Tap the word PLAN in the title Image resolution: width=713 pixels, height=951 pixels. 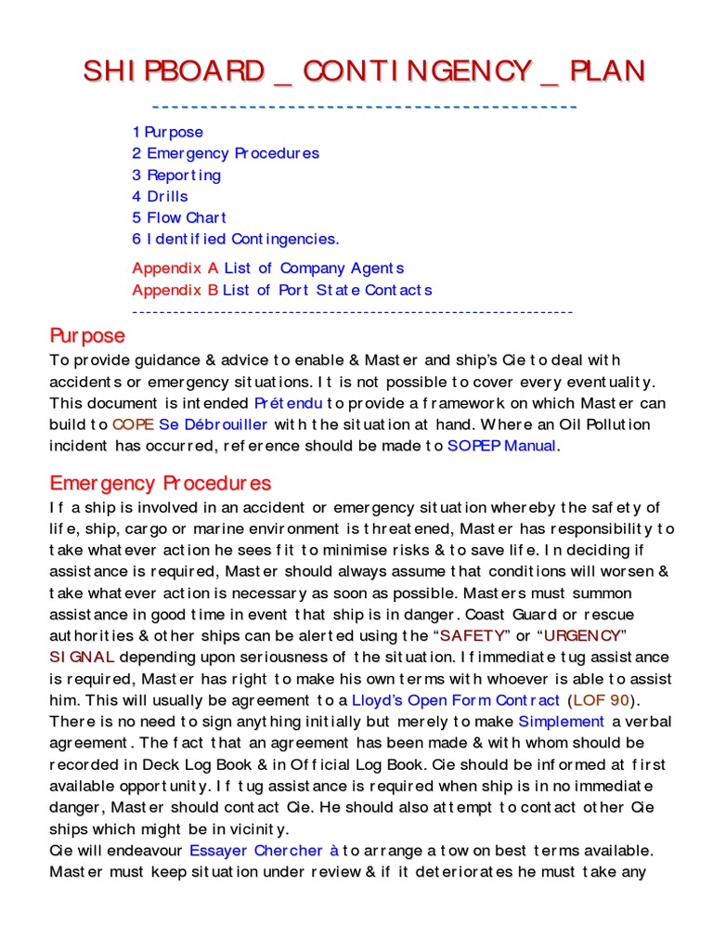pyautogui.click(x=594, y=71)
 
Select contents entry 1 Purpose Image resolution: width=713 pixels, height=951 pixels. pyautogui.click(x=167, y=132)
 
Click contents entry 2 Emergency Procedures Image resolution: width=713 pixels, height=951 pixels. pyautogui.click(x=226, y=153)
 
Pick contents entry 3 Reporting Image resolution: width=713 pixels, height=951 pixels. pyautogui.click(x=176, y=175)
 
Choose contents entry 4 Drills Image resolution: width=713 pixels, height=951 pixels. pyautogui.click(x=160, y=196)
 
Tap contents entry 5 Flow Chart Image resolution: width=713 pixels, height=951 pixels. pyautogui.click(x=179, y=217)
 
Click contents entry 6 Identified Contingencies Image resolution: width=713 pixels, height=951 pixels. pyautogui.click(x=236, y=239)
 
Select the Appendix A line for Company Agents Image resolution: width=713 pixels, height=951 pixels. pyautogui.click(x=267, y=268)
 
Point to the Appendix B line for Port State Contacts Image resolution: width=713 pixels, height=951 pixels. pyautogui.click(x=281, y=290)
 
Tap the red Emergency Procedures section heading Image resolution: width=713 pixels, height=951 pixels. pyautogui.click(x=160, y=483)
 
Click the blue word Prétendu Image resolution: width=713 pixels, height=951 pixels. pyautogui.click(x=288, y=404)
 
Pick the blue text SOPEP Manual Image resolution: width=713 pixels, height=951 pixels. pyautogui.click(x=502, y=446)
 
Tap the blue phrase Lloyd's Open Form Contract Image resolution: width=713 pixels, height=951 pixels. pyautogui.click(x=456, y=700)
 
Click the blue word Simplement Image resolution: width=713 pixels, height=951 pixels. pyautogui.click(x=561, y=722)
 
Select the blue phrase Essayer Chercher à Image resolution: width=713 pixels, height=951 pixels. pyautogui.click(x=265, y=850)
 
